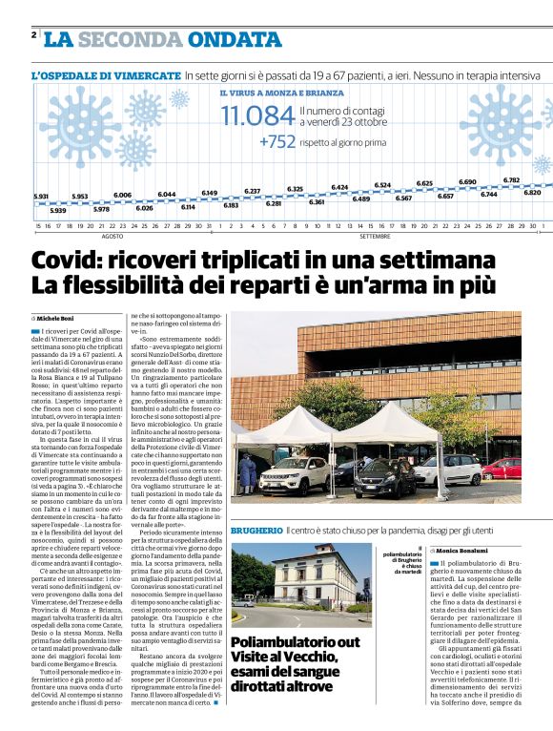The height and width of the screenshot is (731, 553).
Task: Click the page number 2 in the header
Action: coord(33,35)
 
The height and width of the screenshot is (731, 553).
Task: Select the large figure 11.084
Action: coord(256,116)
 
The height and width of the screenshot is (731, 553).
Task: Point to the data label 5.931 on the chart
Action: coord(40,196)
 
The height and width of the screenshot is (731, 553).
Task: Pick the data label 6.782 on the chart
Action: coord(511,179)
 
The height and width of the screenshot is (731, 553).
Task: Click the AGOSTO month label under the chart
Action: coord(113,234)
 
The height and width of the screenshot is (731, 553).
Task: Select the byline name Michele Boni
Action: coord(56,317)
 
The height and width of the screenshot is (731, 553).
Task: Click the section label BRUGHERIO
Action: coord(256,529)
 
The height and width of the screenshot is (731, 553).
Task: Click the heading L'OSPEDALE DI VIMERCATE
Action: coord(106,74)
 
